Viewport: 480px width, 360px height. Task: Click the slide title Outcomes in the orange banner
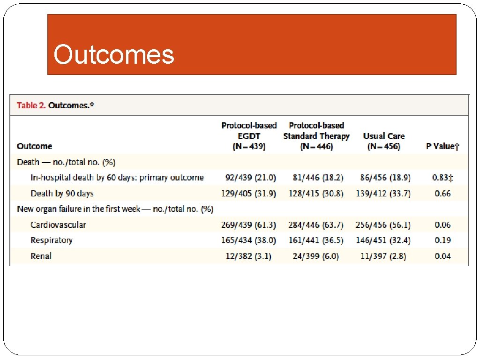click(114, 55)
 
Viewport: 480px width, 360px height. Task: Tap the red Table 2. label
click(31, 105)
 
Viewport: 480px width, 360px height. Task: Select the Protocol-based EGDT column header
click(249, 136)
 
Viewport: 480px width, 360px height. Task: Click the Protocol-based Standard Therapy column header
click(316, 136)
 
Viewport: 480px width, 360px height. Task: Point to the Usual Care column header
click(383, 141)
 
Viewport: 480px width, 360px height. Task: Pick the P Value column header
click(442, 146)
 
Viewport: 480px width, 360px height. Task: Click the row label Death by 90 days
click(62, 194)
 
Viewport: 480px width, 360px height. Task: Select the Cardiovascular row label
click(58, 225)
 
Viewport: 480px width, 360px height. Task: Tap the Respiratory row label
click(52, 240)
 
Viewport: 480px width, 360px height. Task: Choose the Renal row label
click(41, 256)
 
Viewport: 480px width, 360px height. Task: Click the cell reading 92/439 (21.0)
click(248, 178)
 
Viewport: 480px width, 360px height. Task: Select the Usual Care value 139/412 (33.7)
click(382, 194)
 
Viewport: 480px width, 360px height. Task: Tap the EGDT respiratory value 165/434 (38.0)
click(248, 240)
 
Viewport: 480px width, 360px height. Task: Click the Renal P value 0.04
click(442, 256)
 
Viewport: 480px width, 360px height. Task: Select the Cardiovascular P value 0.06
click(442, 225)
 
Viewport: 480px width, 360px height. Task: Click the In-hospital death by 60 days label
click(117, 178)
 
